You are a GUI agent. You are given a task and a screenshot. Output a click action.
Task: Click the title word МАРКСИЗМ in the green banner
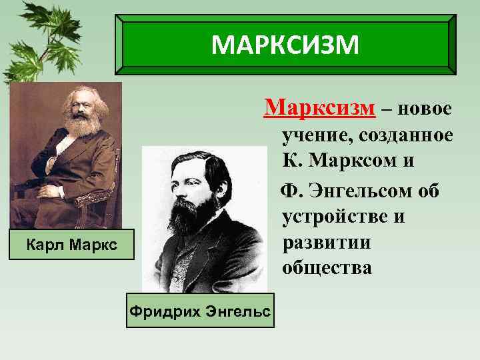coord(285,45)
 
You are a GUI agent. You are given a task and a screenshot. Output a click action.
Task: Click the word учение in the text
coord(317,135)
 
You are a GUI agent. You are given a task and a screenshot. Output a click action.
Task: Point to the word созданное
coord(406,135)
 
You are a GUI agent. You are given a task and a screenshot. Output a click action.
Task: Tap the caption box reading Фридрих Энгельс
coord(200,311)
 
